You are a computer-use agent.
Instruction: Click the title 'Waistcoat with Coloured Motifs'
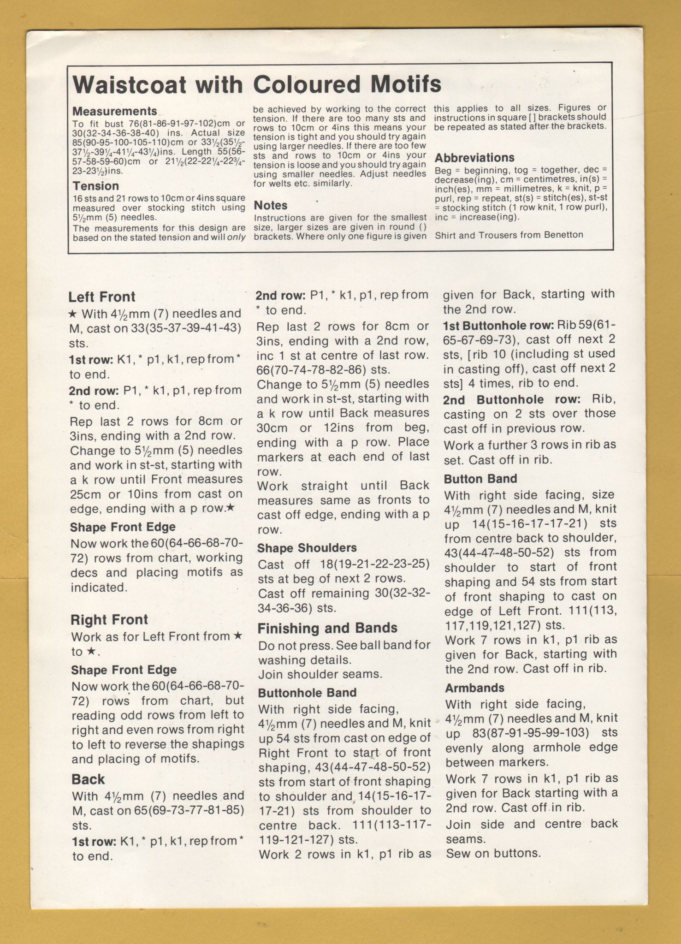coord(257,84)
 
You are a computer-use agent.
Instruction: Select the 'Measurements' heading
coord(115,111)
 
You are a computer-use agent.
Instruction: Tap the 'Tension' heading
coord(95,186)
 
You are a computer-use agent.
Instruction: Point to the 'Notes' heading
coord(270,205)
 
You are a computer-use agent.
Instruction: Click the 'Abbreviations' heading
coord(474,158)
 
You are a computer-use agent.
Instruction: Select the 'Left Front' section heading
coord(102,297)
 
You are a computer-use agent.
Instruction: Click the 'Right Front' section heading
coord(109,620)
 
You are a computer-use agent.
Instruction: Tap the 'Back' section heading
coord(88,779)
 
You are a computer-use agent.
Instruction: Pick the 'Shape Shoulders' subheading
coord(307,548)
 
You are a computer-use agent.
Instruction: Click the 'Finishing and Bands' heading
coord(327,628)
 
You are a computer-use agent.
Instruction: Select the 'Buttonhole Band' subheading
coord(307,693)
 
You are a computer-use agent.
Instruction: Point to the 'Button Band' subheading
coord(480,479)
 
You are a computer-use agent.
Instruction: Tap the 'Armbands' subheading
coord(474,688)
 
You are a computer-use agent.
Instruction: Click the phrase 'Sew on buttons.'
coord(493,853)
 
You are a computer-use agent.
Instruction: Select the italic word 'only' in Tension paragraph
coord(236,237)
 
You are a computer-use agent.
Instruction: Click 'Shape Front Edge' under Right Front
coord(124,670)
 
